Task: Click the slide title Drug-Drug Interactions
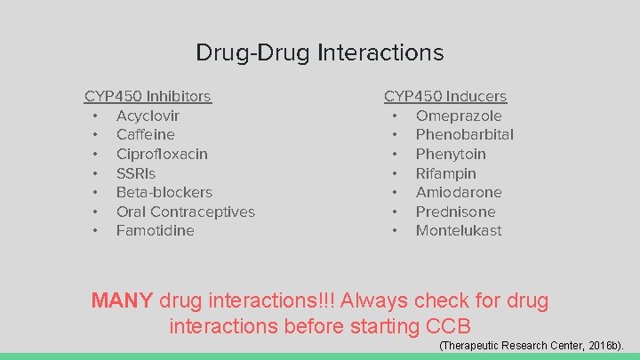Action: coord(319,52)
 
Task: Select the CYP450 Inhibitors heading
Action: coord(148,96)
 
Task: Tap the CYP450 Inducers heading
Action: coord(445,96)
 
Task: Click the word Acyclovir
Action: coord(148,116)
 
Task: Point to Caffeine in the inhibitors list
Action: coord(145,134)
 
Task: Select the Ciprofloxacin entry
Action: coord(162,154)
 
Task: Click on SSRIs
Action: coord(135,173)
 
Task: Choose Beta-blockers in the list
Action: coord(164,192)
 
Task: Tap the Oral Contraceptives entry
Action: coord(185,212)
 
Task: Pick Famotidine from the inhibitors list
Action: coord(155,230)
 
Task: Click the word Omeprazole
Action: coord(459,116)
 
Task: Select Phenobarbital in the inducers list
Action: coord(464,134)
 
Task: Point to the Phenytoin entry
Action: coord(451,154)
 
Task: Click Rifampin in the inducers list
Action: coord(445,173)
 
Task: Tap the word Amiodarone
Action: coord(459,192)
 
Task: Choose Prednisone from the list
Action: coord(455,212)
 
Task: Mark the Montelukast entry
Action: coord(459,230)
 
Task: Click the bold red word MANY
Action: coord(122,300)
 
